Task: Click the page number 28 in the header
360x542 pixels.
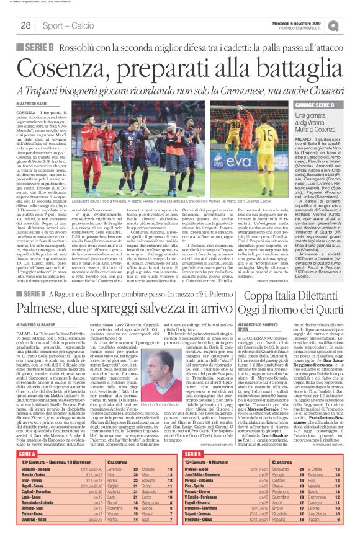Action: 25,25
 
